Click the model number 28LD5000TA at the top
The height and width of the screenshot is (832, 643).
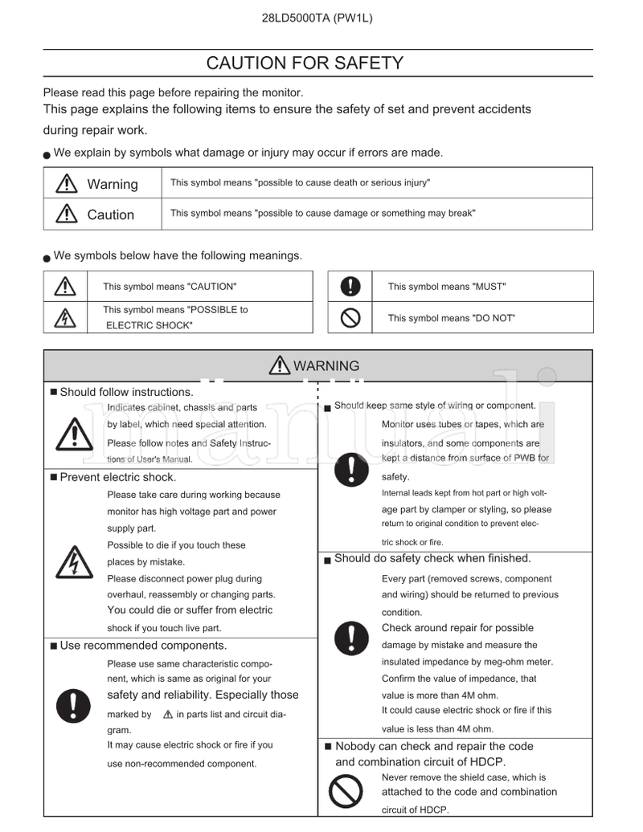point(294,18)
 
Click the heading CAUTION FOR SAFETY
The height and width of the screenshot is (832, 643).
point(305,63)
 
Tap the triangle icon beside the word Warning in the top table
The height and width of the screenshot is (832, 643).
point(66,184)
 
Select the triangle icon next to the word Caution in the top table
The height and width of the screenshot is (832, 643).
point(66,214)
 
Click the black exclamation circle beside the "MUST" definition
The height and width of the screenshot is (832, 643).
point(350,286)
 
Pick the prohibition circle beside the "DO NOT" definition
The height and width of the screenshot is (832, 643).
point(350,318)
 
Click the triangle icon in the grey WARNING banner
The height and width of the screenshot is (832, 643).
point(281,366)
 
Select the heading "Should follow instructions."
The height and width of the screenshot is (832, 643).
point(126,393)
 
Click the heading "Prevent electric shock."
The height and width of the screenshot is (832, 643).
point(117,478)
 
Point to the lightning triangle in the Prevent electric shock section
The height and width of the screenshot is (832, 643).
point(74,562)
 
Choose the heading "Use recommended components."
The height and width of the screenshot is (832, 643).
point(143,646)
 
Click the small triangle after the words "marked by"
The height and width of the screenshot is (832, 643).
point(168,714)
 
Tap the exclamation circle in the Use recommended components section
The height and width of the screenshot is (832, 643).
point(74,706)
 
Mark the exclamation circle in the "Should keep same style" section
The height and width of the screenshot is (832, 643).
point(351,470)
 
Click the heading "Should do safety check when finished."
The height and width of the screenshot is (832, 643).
point(432,559)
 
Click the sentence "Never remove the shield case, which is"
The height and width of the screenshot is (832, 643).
point(464,777)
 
